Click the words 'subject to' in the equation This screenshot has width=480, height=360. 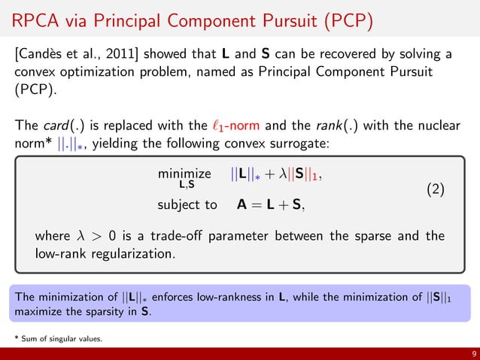click(x=187, y=204)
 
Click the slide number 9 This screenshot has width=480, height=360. click(x=469, y=353)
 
